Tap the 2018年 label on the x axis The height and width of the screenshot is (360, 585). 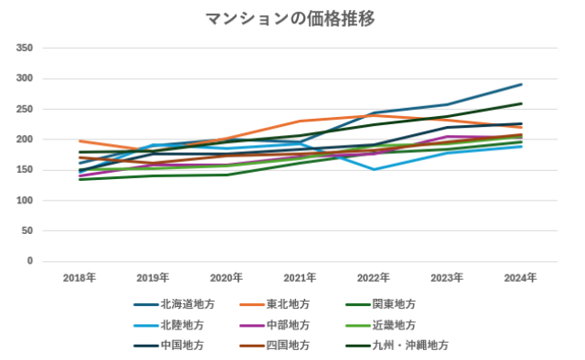pyautogui.click(x=79, y=277)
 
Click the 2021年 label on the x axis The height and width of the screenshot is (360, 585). pyautogui.click(x=300, y=277)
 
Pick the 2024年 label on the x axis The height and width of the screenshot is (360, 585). pyautogui.click(x=520, y=277)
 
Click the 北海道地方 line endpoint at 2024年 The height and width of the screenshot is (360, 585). pyautogui.click(x=521, y=85)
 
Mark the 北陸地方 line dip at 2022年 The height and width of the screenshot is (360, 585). pyautogui.click(x=374, y=169)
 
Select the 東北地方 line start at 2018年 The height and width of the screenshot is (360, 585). pyautogui.click(x=80, y=141)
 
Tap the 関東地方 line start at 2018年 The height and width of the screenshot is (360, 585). pyautogui.click(x=80, y=179)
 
